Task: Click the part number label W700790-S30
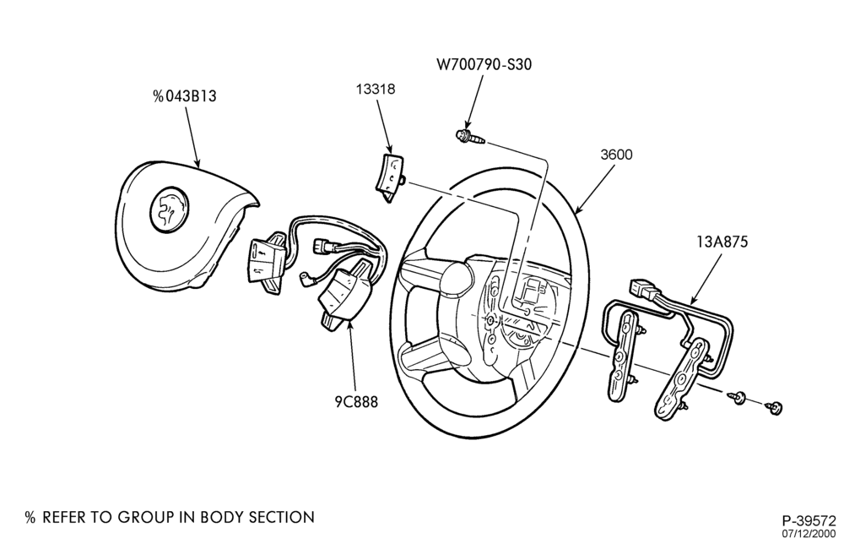[x=484, y=65]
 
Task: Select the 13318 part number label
[x=376, y=89]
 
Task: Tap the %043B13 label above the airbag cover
[x=185, y=96]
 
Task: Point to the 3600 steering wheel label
[x=616, y=155]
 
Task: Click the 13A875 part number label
[x=722, y=242]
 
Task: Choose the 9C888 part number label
[x=356, y=402]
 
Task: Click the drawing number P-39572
[x=809, y=521]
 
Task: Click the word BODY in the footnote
[x=222, y=518]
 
